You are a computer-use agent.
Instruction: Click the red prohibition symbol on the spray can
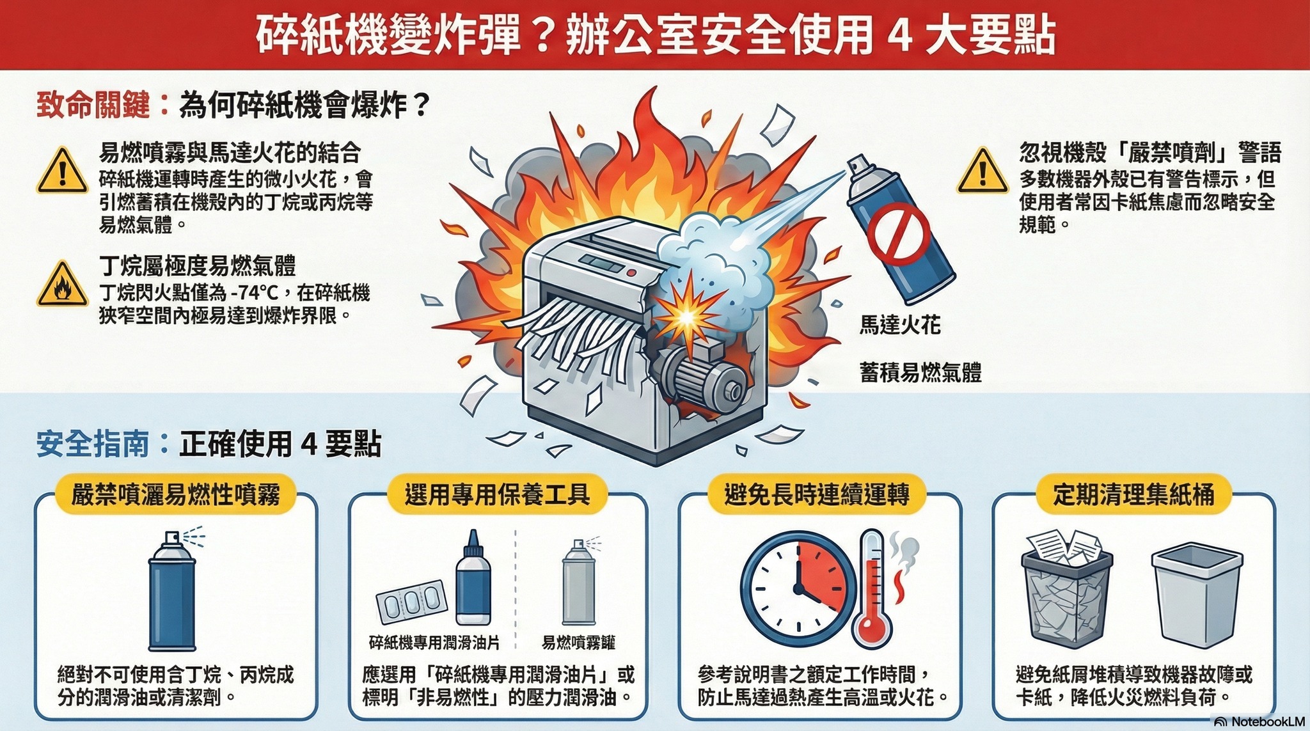[899, 234]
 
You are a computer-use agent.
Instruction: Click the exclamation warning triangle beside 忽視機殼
[982, 172]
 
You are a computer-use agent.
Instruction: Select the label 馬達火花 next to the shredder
[899, 326]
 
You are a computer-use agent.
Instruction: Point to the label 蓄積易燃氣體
[920, 372]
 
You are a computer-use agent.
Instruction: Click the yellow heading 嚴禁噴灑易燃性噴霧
[175, 494]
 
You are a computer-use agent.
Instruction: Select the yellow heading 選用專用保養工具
[497, 494]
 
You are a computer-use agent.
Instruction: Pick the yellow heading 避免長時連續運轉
[817, 494]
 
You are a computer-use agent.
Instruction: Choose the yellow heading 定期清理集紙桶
[1133, 494]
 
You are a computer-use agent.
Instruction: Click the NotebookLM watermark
[1260, 721]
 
